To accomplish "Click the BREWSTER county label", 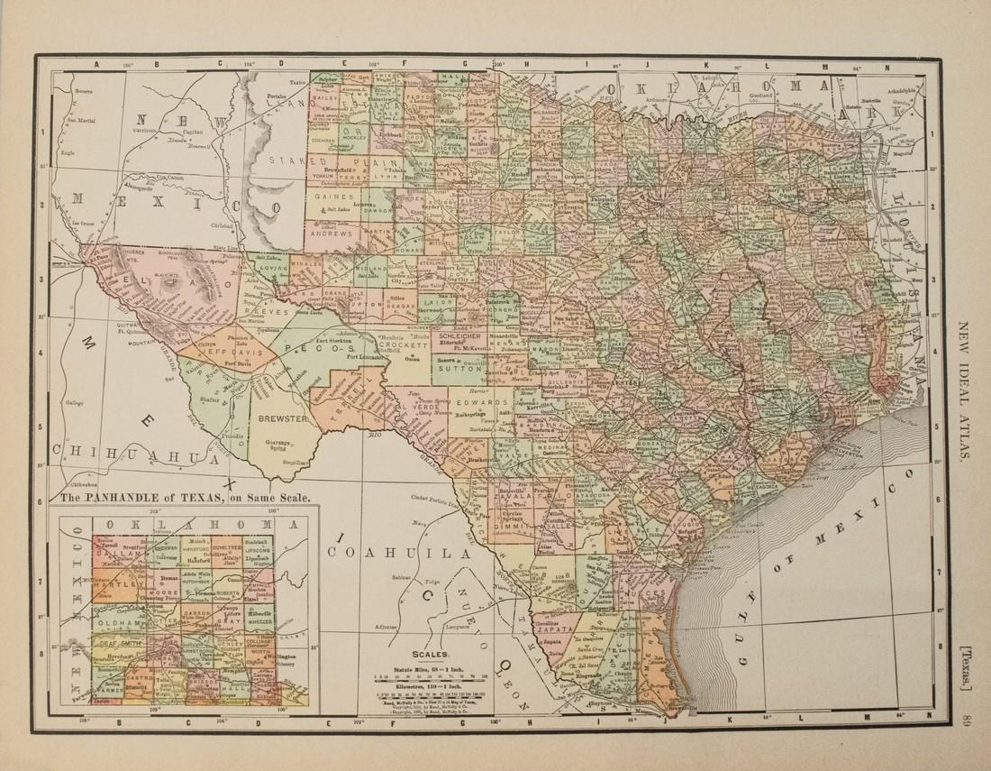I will [284, 419].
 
